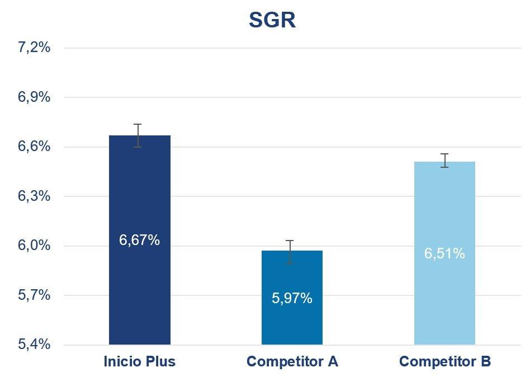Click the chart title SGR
[272, 21]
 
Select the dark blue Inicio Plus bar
[139, 291]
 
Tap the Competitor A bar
[292, 324]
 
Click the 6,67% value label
[139, 240]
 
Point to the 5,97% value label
[292, 298]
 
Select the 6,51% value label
[444, 253]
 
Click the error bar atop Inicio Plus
[138, 135]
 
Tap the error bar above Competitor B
[444, 160]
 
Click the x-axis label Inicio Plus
[139, 362]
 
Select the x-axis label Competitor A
[292, 362]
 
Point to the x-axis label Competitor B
[444, 362]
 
